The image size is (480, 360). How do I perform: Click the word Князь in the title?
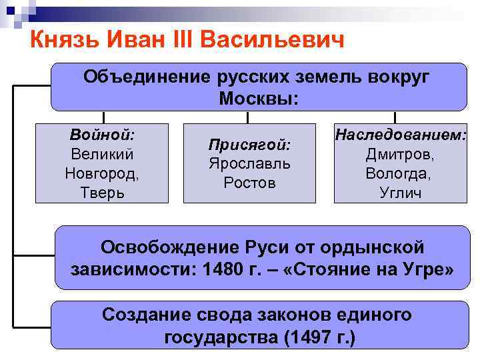coord(63,41)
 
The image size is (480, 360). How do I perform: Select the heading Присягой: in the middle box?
coord(249,144)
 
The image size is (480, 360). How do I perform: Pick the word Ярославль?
coord(249,163)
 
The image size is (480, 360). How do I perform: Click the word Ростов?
coord(249,183)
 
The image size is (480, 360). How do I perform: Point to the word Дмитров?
coord(400,154)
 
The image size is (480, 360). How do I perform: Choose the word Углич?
coord(400,193)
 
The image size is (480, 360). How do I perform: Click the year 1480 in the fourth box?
coord(219,271)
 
